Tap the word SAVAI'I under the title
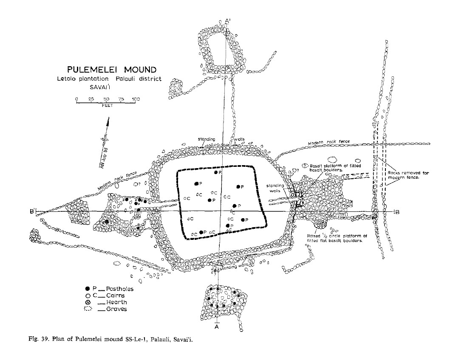(x=100, y=87)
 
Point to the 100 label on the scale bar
(x=136, y=99)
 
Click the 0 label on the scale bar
(x=76, y=99)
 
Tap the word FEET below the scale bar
(x=107, y=106)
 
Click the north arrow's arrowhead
(x=108, y=121)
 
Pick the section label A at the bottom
(x=217, y=327)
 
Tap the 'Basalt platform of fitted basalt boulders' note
(x=334, y=168)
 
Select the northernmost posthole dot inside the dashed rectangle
(x=216, y=172)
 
